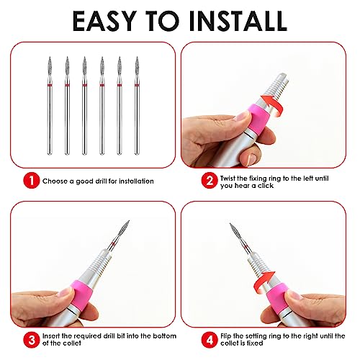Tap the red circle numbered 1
tap(32, 181)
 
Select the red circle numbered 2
tap(210, 181)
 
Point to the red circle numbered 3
tap(32, 340)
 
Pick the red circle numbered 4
tap(210, 340)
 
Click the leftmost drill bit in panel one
tap(50, 106)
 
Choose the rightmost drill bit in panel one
tap(137, 106)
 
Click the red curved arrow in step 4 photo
tap(264, 282)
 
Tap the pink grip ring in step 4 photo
tap(278, 297)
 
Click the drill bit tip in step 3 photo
tap(129, 220)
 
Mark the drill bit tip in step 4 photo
tap(230, 224)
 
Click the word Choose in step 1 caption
tap(55, 181)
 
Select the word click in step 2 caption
tap(266, 186)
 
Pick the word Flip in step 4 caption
tap(226, 336)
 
